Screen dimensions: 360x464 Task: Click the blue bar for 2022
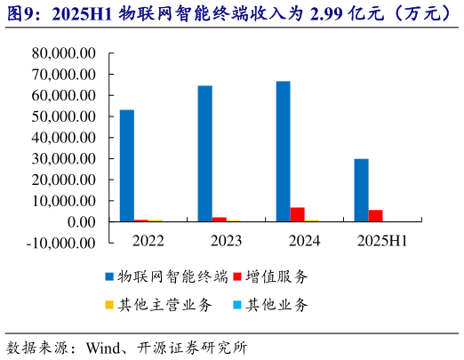[x=127, y=165]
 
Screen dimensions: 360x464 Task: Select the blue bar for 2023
[x=204, y=153]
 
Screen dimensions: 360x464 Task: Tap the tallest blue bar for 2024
[x=283, y=151]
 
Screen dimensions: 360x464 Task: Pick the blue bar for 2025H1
[x=361, y=189]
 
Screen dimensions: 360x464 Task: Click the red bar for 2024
[x=297, y=214]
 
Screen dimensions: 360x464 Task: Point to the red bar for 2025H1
[x=375, y=215]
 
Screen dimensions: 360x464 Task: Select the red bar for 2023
[x=219, y=219]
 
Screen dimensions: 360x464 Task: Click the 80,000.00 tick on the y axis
[x=63, y=53]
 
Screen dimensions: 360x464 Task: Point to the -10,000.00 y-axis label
[x=60, y=242]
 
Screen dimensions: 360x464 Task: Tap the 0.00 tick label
[x=81, y=221]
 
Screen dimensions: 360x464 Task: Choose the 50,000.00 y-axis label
[x=63, y=116]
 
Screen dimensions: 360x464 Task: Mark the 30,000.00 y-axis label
[x=63, y=158]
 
